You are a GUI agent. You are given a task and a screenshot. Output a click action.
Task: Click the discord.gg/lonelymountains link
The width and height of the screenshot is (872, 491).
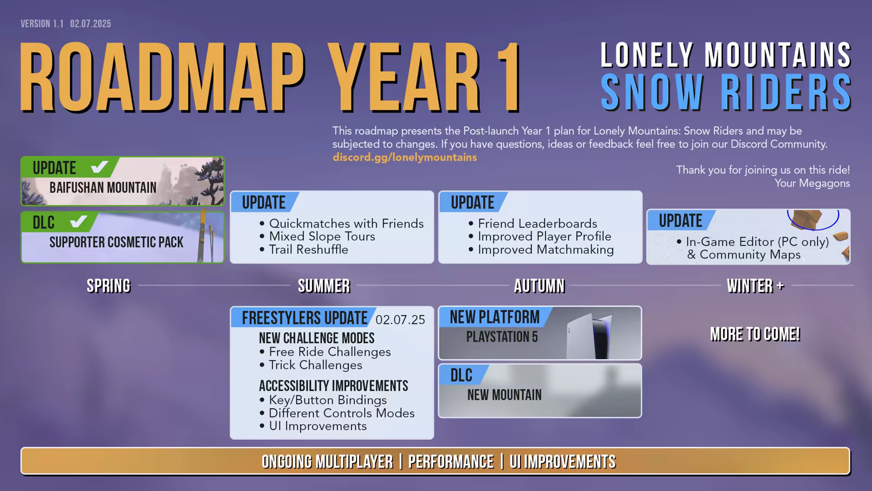coord(404,158)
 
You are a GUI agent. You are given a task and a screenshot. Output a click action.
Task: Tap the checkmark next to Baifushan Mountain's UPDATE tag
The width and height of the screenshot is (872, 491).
coord(99,167)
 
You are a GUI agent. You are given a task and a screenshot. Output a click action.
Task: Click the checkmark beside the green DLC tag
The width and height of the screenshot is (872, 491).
coord(78,221)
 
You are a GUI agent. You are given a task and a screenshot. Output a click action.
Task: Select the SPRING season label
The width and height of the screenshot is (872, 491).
coord(108,286)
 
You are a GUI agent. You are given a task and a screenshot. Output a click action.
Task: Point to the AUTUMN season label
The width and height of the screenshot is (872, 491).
coord(539,286)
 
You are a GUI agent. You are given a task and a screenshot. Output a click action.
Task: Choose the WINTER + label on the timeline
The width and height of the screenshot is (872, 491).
coord(755,286)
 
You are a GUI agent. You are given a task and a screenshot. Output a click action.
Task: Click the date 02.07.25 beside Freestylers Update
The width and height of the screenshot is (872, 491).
coord(400,320)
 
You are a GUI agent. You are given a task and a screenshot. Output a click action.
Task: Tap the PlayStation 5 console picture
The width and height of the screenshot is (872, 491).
coord(589,336)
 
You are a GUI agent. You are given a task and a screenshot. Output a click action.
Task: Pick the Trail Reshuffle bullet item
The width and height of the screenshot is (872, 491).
coord(304,250)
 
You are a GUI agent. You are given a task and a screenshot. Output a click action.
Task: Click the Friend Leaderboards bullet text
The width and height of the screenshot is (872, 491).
coord(533,224)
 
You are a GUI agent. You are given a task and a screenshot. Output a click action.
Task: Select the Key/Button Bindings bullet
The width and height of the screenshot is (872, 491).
coord(323,400)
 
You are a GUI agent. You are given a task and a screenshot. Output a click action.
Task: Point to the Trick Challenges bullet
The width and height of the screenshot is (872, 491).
coord(311,365)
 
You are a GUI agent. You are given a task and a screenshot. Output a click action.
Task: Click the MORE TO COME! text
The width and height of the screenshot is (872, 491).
coord(755,334)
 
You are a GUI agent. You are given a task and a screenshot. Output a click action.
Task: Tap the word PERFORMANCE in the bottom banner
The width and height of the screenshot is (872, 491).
coord(451,462)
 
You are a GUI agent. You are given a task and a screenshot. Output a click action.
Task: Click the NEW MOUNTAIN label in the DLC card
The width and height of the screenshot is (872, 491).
coord(504,395)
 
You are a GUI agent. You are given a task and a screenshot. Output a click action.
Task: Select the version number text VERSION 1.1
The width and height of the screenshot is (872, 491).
coord(42,24)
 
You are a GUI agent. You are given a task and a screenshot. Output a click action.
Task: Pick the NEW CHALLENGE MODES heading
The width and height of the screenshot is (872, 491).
coord(317,338)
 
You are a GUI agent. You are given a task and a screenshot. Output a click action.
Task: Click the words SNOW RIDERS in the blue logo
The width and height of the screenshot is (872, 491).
coord(725,92)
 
